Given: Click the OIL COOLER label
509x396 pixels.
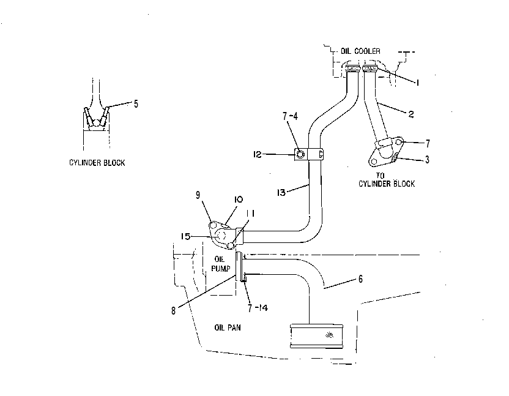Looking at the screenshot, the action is point(360,51).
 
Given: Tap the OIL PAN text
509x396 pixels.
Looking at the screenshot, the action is point(228,327).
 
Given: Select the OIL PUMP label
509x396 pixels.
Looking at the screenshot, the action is point(221,264).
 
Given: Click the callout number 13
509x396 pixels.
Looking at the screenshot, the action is point(281,193).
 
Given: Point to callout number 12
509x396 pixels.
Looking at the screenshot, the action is point(257,154).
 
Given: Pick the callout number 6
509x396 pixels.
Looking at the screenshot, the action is point(361,279).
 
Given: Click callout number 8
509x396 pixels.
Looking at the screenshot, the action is point(173,311).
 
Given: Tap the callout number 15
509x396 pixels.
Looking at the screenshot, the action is point(186,236).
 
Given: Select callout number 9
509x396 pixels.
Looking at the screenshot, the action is point(198,195).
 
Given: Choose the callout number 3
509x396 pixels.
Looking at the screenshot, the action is point(427,160).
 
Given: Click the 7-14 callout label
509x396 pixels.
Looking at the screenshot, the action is point(258,308).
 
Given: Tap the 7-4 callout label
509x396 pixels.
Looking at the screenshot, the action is point(290,116).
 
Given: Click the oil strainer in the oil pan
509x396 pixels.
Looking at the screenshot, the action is point(316,336).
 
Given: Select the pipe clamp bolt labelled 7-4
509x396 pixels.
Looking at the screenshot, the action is point(300,154).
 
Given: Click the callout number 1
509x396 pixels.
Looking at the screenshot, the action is point(417,83).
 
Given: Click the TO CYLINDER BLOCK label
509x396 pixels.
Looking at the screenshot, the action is point(387,180).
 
